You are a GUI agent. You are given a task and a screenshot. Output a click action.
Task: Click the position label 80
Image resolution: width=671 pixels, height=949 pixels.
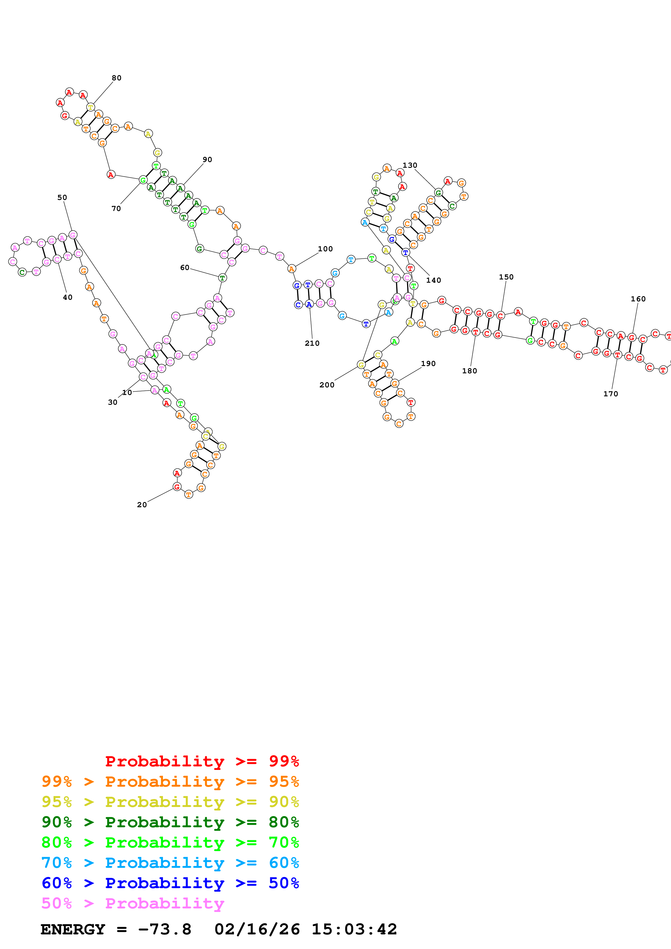point(117,78)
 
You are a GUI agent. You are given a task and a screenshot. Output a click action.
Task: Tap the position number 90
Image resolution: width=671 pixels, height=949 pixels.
point(207,160)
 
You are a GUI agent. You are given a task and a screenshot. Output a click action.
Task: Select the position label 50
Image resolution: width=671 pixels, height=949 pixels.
point(62,197)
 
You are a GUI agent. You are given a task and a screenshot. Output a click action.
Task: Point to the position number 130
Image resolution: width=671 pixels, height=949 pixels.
point(410,165)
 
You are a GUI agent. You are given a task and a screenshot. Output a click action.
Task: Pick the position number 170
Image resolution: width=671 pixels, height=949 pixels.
point(611,394)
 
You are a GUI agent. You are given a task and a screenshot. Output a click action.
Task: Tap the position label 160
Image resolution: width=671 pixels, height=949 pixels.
point(638,299)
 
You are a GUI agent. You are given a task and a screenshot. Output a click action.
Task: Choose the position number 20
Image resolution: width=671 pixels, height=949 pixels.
point(142,505)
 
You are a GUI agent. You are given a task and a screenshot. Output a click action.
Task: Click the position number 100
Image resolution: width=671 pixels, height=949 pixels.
point(325,249)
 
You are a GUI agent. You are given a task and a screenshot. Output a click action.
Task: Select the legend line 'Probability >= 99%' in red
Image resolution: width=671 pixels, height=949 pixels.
point(202,761)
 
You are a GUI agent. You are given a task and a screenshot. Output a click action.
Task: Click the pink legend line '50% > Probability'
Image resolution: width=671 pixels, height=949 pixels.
point(133,903)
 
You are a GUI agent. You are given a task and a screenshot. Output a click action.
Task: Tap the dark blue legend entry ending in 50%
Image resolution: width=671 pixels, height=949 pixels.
point(170,883)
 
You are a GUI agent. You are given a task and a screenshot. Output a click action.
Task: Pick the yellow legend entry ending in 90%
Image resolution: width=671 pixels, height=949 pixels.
point(170,802)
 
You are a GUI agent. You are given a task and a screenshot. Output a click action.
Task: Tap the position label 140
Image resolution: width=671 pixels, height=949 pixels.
point(433,280)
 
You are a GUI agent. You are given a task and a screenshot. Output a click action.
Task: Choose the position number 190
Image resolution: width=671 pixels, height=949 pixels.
point(428,364)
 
